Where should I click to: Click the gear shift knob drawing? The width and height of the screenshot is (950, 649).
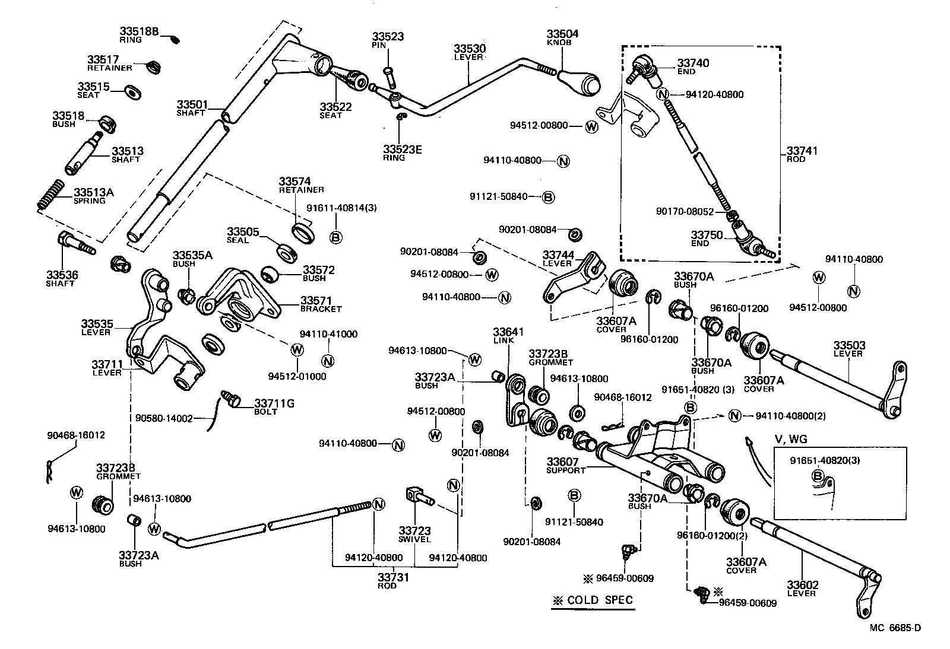tap(581, 81)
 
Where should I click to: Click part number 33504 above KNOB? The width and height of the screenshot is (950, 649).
tap(562, 34)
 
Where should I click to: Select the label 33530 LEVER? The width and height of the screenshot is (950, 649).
tap(470, 52)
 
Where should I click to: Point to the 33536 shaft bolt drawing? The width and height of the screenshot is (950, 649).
tap(74, 243)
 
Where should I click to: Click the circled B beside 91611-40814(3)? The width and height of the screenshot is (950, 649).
tap(335, 237)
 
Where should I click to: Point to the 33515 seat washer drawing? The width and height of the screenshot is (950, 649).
tap(132, 92)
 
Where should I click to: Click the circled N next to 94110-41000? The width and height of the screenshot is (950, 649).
tap(328, 361)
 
